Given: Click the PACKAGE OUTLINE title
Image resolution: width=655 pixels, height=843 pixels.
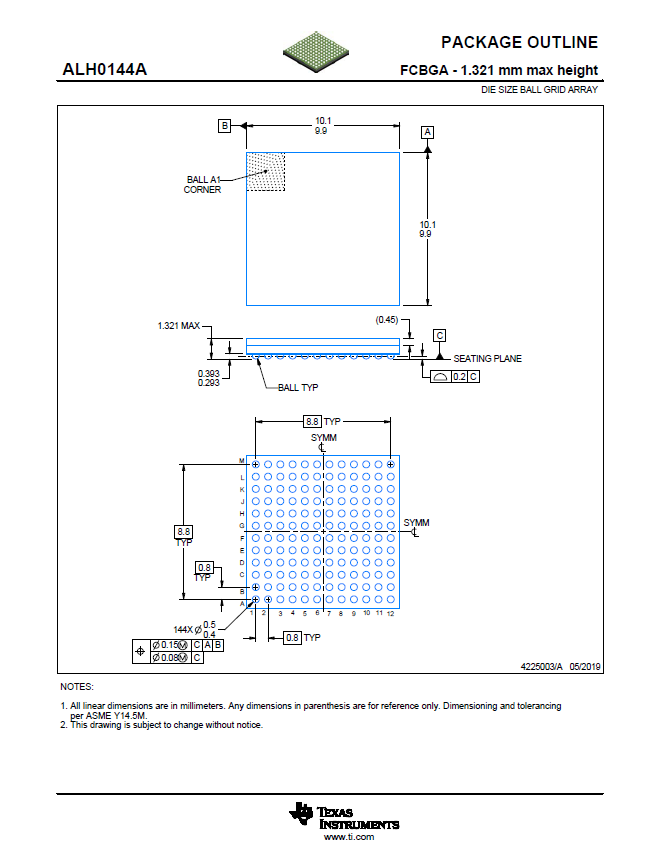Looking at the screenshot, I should tap(519, 43).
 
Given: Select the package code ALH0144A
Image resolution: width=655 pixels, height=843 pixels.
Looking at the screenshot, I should tap(105, 70).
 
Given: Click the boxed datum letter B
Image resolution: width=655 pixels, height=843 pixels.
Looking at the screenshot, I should tap(225, 126).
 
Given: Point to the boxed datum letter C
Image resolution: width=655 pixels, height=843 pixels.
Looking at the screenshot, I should tap(439, 335).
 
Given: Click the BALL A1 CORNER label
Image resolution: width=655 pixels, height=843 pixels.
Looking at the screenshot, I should tap(203, 185).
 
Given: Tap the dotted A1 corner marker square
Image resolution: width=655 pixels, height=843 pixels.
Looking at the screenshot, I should tap(266, 171).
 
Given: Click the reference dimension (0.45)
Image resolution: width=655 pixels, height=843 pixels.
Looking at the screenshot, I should tap(387, 320).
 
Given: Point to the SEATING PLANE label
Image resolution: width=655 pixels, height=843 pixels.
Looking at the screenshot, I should tap(487, 359).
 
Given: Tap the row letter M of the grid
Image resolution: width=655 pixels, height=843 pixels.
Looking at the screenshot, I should tap(242, 461).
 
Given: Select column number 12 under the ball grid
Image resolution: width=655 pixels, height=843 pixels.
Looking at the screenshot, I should tap(391, 613).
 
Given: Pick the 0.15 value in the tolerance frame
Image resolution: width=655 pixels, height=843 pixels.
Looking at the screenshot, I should tap(170, 645).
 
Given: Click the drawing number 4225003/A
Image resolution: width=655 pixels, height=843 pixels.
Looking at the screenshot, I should tap(542, 665).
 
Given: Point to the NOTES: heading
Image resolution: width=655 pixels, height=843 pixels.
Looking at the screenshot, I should tap(76, 687).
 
